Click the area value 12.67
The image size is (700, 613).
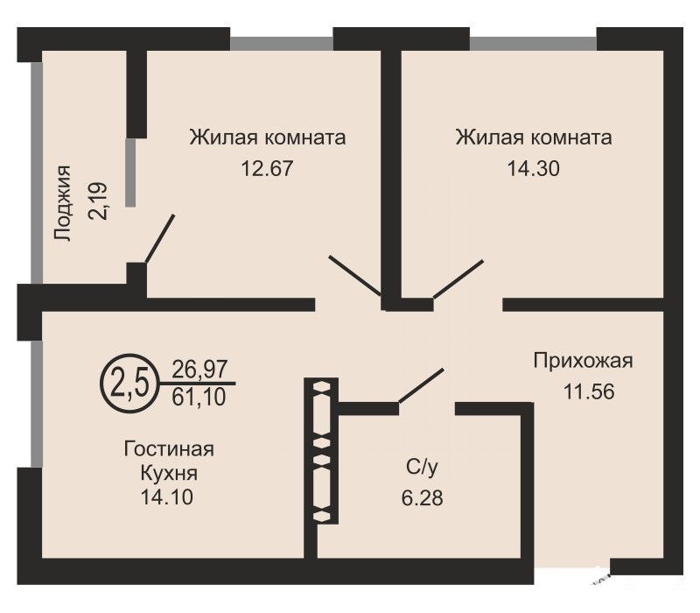(267, 168)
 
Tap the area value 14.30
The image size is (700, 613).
(533, 168)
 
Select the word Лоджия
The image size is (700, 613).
(62, 203)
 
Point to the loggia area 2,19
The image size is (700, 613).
(98, 201)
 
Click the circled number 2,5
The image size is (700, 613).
(129, 384)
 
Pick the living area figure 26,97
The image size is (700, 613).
(199, 370)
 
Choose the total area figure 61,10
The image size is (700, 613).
(199, 397)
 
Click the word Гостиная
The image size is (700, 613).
(169, 448)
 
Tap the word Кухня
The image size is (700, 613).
(169, 473)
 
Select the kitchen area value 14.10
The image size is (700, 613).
(167, 497)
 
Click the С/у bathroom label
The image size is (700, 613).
(422, 467)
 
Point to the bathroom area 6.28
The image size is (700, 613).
(422, 497)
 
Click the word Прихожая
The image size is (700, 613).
(583, 361)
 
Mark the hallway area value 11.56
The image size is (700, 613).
(589, 391)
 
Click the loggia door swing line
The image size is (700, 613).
(160, 238)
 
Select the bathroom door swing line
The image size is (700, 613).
(421, 385)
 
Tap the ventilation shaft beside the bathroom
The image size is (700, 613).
(321, 451)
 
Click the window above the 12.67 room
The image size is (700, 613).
(282, 43)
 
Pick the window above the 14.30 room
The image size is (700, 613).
(533, 43)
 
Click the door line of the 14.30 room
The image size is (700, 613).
(458, 278)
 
